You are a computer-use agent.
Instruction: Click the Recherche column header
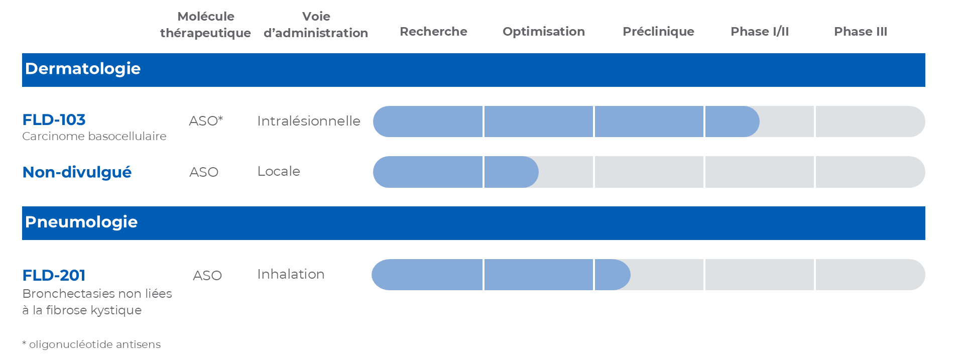433,32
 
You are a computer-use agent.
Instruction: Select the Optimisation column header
544,32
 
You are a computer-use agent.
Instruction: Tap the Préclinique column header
658,32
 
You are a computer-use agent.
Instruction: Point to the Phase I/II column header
760,32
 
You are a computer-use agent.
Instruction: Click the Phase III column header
861,32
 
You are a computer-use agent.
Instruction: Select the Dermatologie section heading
83,69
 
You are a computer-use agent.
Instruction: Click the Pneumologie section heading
81,222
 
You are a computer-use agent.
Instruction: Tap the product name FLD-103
54,119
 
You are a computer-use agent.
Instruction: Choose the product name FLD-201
54,275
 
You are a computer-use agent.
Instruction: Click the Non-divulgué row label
77,172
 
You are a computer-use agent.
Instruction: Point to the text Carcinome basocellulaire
94,136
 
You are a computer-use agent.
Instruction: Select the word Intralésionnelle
309,121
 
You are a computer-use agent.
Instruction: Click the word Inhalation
291,274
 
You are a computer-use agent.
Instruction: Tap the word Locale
279,171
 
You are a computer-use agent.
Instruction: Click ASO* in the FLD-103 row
206,121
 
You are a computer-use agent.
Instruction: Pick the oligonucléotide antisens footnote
91,344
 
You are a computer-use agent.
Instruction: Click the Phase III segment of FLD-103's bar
870,122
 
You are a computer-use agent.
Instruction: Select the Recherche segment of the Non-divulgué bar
428,172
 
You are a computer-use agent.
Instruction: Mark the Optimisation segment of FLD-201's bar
539,275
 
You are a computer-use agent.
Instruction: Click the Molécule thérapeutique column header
205,25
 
